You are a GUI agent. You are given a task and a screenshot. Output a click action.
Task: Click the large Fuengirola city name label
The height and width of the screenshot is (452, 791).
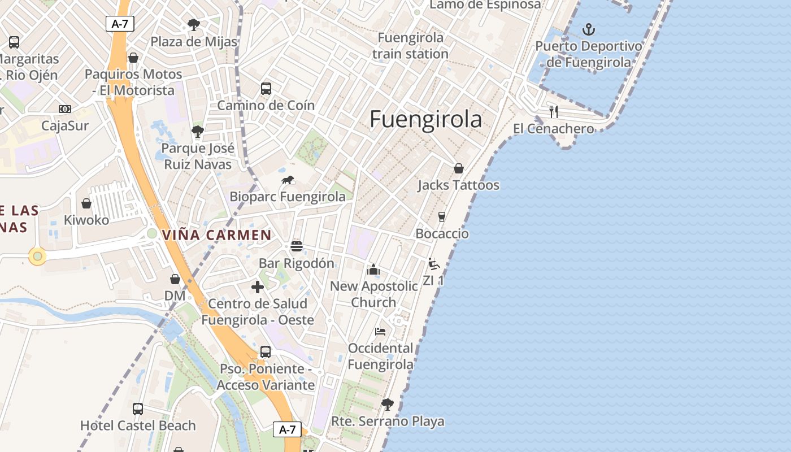[426, 120]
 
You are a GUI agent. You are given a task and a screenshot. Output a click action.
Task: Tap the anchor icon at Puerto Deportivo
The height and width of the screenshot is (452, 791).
[589, 29]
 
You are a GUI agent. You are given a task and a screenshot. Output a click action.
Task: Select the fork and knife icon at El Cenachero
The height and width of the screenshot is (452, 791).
[554, 111]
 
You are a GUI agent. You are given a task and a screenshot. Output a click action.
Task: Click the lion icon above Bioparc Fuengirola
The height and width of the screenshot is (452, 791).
[288, 180]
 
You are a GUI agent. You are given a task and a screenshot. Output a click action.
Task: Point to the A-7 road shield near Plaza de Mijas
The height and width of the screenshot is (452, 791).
[120, 24]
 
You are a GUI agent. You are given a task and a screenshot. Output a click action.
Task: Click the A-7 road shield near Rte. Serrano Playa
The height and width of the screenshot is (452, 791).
[287, 429]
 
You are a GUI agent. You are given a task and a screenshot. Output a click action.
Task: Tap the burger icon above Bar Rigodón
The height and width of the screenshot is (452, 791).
[297, 246]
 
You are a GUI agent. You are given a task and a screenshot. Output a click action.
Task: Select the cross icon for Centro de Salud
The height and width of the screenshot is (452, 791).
[258, 287]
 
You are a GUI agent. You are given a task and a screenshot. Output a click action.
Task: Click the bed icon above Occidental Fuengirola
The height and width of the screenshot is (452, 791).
[380, 331]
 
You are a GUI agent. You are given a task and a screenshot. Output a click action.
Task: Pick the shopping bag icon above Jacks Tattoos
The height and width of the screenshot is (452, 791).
[458, 168]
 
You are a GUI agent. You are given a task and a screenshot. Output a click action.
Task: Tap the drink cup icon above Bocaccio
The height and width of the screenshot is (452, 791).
[442, 217]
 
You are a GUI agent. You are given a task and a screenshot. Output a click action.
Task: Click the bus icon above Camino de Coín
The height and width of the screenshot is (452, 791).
[266, 89]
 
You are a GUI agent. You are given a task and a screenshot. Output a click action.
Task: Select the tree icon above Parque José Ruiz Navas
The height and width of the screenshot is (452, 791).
[197, 132]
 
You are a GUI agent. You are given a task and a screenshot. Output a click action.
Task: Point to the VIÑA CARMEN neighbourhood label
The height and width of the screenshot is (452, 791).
[216, 235]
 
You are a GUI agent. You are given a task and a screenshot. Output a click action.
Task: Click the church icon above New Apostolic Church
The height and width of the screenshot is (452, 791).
[373, 270]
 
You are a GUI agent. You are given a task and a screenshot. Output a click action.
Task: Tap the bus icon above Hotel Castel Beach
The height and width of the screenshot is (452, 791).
[138, 408]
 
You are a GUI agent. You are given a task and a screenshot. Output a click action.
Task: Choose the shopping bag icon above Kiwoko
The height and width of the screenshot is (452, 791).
[86, 203]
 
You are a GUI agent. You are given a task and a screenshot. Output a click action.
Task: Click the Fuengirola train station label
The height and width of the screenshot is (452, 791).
[410, 46]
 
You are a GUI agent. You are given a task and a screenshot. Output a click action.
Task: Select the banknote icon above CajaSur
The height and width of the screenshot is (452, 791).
[65, 109]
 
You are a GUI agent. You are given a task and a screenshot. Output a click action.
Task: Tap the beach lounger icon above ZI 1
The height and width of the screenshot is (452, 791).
[433, 264]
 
